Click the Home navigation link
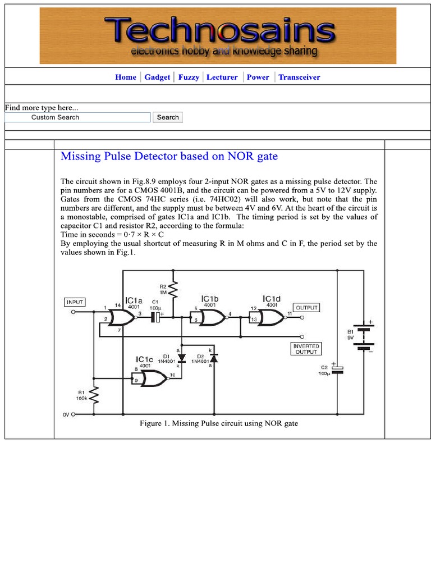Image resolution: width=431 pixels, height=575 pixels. click(x=126, y=77)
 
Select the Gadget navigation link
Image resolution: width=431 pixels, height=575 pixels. click(x=157, y=77)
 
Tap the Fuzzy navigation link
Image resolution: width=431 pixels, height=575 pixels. click(x=189, y=77)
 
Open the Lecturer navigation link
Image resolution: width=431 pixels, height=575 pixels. click(x=222, y=77)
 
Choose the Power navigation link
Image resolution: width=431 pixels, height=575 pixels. click(x=258, y=77)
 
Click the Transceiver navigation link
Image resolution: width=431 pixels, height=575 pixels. click(x=299, y=77)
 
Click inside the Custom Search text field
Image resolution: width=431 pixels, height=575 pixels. click(x=78, y=117)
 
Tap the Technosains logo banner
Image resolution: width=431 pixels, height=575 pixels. click(x=218, y=36)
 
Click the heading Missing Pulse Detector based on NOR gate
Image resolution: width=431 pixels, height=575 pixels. click(x=169, y=156)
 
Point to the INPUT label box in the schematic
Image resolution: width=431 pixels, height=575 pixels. click(x=75, y=302)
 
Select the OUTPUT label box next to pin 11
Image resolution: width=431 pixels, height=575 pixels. click(x=306, y=308)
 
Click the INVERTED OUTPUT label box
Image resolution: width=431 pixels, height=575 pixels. click(x=306, y=349)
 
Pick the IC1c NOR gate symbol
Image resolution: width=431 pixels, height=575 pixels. click(x=151, y=380)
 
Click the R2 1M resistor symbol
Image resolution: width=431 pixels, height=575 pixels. click(x=174, y=290)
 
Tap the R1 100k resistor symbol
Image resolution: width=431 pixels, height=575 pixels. click(x=94, y=396)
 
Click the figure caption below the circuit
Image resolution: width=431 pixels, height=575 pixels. click(x=219, y=423)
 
